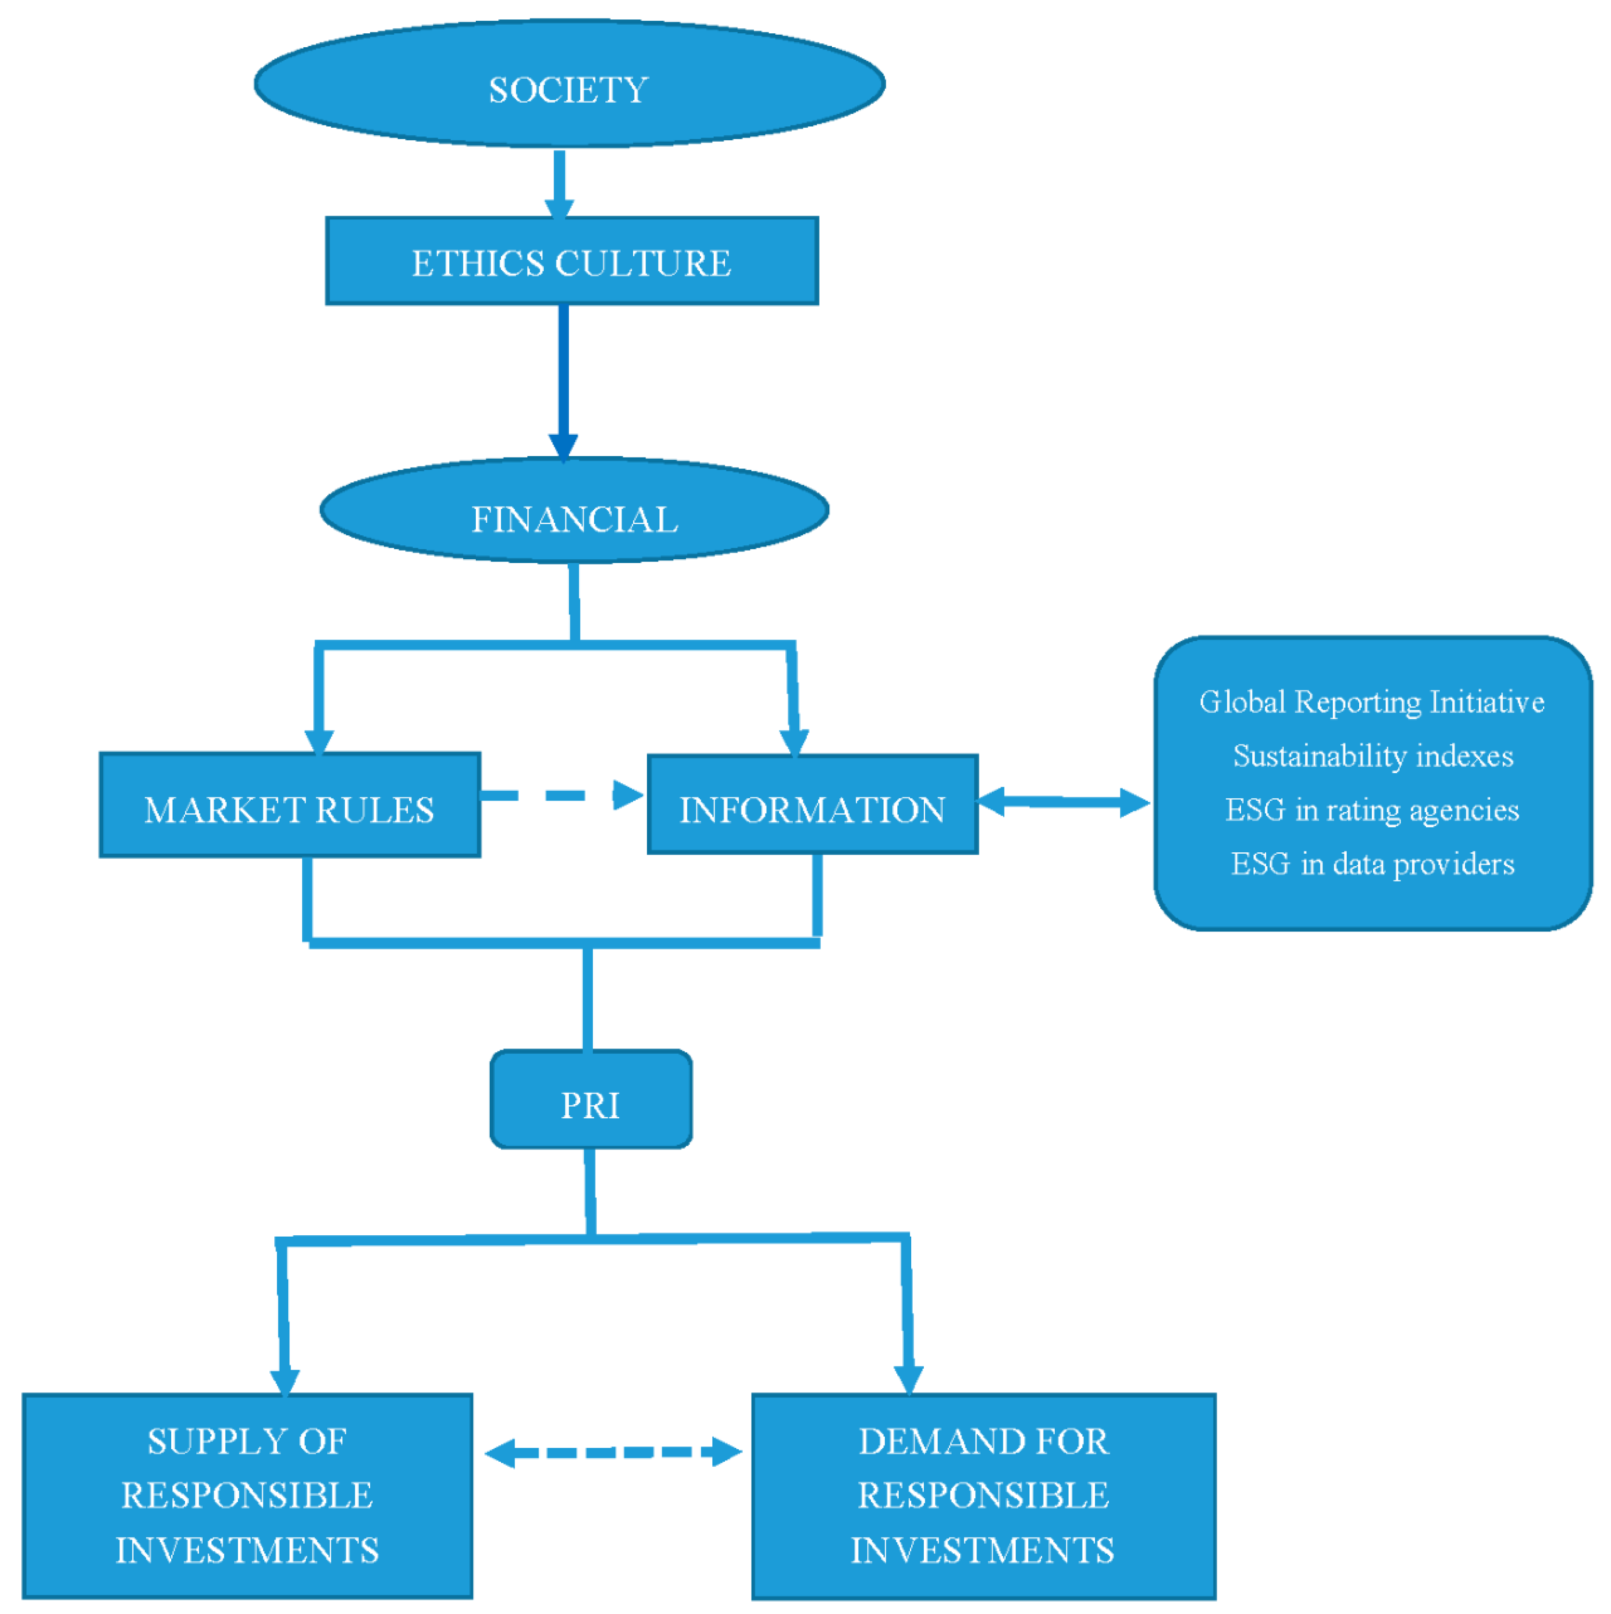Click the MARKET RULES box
(290, 805)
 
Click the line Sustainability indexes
(1372, 756)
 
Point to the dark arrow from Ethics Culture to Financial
(564, 376)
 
